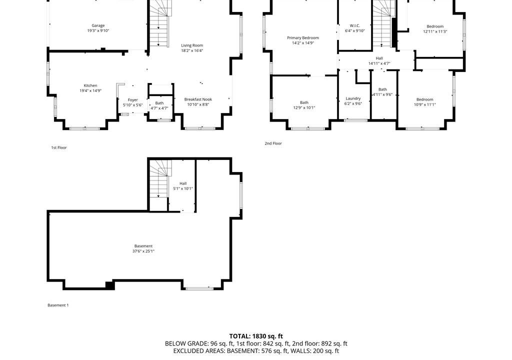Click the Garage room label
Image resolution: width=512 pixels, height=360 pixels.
[98, 25]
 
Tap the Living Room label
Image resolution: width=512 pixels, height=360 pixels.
[192, 45]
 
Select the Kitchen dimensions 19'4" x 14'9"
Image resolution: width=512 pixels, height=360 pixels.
[90, 91]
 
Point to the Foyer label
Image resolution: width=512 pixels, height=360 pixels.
[132, 100]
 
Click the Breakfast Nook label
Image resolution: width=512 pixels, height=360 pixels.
[198, 99]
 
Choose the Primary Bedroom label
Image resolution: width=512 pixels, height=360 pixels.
[302, 38]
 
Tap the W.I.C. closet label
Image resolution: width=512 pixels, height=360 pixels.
[354, 25]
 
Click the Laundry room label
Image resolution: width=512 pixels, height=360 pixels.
[353, 98]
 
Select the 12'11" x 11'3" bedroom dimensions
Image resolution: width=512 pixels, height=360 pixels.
[435, 31]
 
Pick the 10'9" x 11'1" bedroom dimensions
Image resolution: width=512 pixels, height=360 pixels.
[424, 105]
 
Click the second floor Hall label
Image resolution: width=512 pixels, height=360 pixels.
[379, 58]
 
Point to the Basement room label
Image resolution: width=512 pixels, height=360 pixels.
[143, 246]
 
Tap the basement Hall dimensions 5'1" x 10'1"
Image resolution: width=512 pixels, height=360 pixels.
[183, 189]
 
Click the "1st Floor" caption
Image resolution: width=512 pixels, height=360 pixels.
[59, 147]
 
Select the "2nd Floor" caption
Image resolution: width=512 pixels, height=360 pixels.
[273, 143]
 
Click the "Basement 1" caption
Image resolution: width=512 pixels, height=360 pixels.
[58, 305]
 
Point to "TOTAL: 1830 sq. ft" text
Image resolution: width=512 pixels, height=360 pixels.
[256, 336]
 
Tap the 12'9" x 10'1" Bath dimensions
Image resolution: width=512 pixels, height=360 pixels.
[304, 108]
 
